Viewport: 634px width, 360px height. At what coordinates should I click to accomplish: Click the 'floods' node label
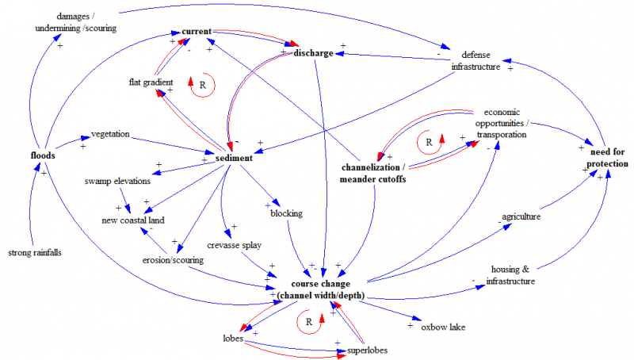coord(43,155)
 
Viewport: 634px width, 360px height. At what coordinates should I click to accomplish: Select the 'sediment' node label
coord(234,159)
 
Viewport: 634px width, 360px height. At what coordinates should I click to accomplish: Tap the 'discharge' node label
coord(313,53)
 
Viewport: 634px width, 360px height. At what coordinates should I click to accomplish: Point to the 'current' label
coord(196,31)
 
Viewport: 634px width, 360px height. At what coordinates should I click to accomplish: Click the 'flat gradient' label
coord(151,82)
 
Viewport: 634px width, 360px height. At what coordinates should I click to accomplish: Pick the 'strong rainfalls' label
coord(34,253)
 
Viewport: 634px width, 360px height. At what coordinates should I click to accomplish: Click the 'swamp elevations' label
coord(117,182)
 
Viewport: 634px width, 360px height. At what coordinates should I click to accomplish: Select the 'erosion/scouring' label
coord(174,259)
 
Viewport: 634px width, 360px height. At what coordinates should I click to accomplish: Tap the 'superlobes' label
coord(365,350)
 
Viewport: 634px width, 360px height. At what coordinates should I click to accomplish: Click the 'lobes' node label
coord(232,338)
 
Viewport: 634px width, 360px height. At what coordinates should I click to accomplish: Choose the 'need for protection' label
coord(607,156)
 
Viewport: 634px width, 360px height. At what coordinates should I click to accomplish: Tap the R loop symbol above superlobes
coord(310,321)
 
